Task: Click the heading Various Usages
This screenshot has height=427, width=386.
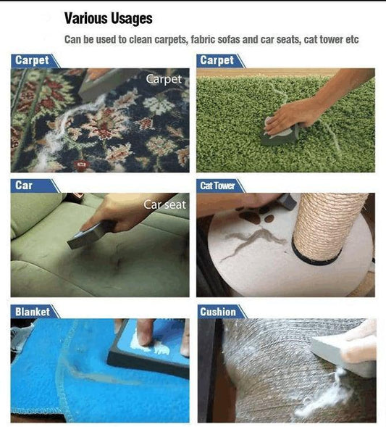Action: tap(108, 19)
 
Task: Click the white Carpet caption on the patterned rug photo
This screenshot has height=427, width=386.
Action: tap(164, 79)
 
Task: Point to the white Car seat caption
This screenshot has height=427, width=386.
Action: tap(164, 204)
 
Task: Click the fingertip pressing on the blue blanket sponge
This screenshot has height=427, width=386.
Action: tap(143, 339)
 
